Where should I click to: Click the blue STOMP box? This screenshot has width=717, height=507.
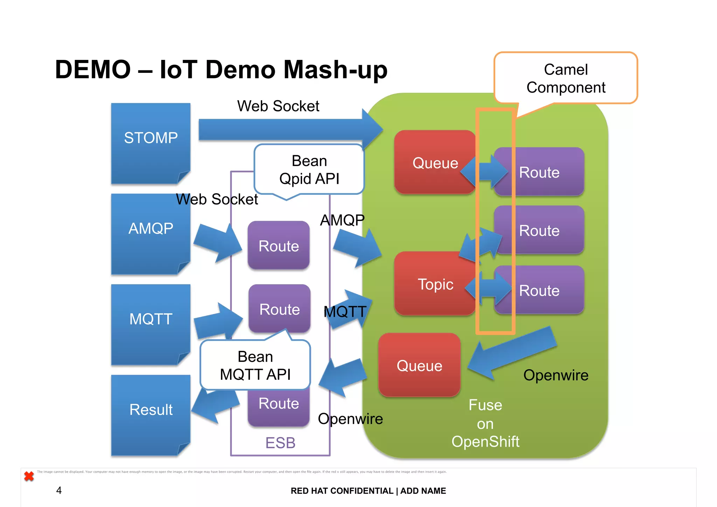pyautogui.click(x=151, y=144)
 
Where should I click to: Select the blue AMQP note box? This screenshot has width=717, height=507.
pyautogui.click(x=151, y=234)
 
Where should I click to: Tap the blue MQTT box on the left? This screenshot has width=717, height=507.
pyautogui.click(x=151, y=324)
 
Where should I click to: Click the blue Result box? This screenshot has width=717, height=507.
pyautogui.click(x=151, y=415)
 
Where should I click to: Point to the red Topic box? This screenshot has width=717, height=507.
pyautogui.click(x=435, y=284)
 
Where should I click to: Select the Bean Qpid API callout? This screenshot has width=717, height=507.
pyautogui.click(x=309, y=170)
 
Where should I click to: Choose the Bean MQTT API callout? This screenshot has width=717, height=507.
pyautogui.click(x=255, y=365)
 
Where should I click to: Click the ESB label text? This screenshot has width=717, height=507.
pyautogui.click(x=280, y=443)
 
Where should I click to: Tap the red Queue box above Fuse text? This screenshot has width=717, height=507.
pyautogui.click(x=419, y=365)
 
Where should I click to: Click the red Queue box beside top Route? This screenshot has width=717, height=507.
pyautogui.click(x=435, y=163)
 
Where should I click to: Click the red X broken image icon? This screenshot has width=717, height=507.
pyautogui.click(x=29, y=476)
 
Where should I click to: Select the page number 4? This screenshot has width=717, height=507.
pyautogui.click(x=59, y=490)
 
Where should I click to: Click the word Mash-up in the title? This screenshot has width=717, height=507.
pyautogui.click(x=335, y=70)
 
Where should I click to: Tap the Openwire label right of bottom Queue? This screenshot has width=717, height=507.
pyautogui.click(x=556, y=375)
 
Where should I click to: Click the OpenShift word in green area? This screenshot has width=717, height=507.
pyautogui.click(x=485, y=441)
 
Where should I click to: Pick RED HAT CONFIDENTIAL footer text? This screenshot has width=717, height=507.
pyautogui.click(x=342, y=491)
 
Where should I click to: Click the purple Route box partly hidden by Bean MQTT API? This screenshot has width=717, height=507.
pyautogui.click(x=279, y=406)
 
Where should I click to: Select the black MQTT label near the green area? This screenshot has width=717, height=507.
pyautogui.click(x=345, y=311)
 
